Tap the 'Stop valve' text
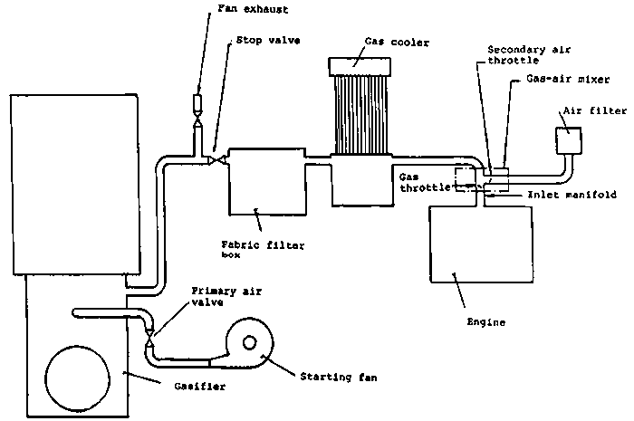coord(263,41)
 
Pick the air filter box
coord(570,141)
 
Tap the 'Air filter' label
coord(593,110)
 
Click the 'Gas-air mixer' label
coord(559,79)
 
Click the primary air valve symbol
coord(151,336)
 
